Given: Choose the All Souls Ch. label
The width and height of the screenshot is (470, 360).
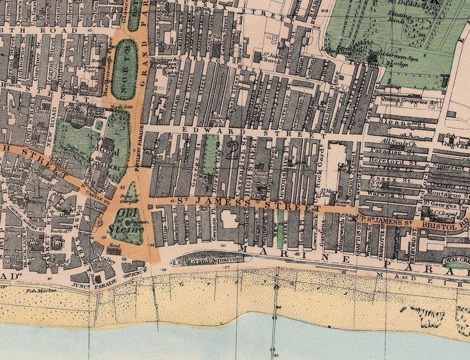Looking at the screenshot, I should [x=397, y=142].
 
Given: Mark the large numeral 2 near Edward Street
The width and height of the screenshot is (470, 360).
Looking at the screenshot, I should [x=231, y=152].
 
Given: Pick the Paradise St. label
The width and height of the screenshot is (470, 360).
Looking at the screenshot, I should [x=397, y=152].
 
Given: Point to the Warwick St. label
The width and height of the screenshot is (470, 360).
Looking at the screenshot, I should [x=391, y=193].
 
